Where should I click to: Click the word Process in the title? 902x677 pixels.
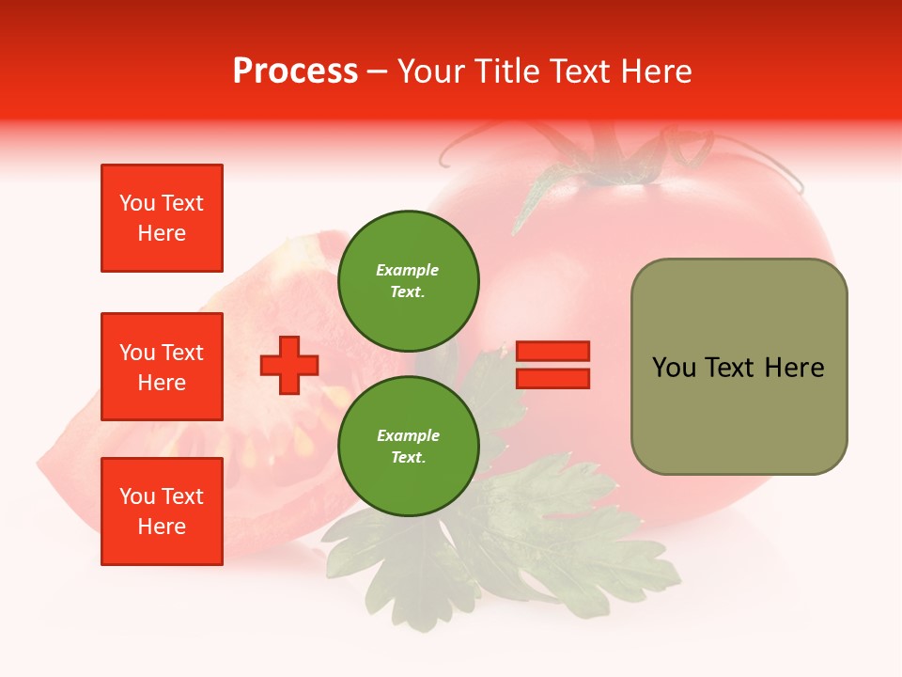[295, 71]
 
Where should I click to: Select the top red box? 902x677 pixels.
[162, 218]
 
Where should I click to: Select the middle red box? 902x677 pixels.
[162, 367]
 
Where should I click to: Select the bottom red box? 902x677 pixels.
[162, 512]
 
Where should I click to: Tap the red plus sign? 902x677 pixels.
[289, 365]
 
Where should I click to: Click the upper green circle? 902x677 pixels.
[408, 280]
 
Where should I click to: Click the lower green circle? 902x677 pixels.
[408, 446]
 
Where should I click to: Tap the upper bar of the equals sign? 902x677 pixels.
[552, 352]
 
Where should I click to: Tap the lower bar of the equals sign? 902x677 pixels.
[552, 378]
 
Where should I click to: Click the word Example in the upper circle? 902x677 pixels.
[408, 270]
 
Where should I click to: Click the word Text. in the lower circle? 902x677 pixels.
[408, 458]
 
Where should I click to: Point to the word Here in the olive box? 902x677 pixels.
[794, 368]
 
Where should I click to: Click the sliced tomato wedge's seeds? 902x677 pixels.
[301, 437]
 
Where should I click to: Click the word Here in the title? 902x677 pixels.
[657, 71]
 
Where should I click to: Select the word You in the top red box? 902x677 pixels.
[136, 203]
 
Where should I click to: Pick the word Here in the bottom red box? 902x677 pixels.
[162, 527]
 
